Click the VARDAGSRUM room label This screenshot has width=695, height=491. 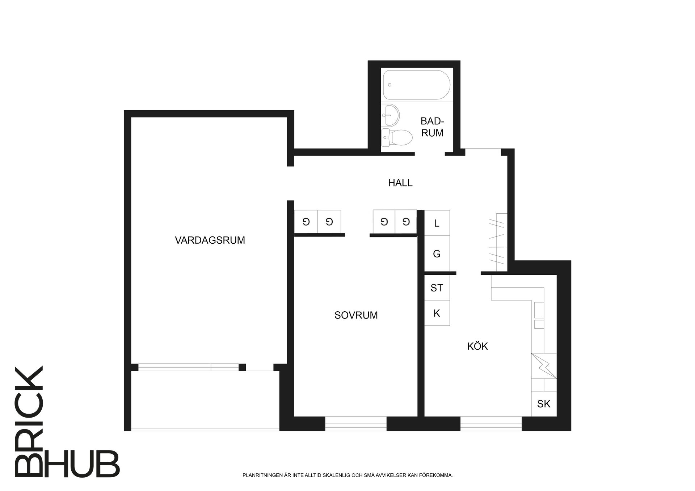(x=210, y=240)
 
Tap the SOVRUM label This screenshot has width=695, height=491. (x=356, y=315)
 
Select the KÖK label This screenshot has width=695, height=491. (x=477, y=346)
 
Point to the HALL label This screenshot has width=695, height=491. (x=400, y=183)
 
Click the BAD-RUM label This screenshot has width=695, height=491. (x=432, y=127)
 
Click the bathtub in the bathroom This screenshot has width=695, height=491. (x=417, y=85)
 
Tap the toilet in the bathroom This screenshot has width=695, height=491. (x=397, y=137)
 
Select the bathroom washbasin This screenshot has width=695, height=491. (x=390, y=115)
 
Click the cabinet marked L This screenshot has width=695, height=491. (x=437, y=223)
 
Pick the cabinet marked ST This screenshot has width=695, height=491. (x=437, y=288)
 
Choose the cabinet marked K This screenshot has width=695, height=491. (x=437, y=313)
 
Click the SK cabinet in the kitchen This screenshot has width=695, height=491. (x=544, y=404)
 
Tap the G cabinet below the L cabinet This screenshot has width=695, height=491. (x=437, y=253)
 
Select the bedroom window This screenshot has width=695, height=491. (x=356, y=424)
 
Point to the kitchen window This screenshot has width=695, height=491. (x=491, y=424)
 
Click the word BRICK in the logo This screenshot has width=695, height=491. (x=29, y=421)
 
